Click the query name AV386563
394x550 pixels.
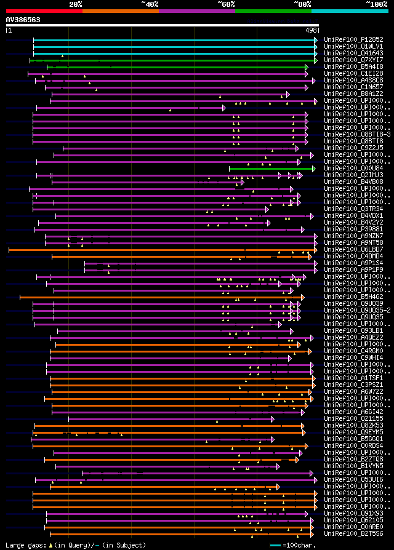click(x=23, y=20)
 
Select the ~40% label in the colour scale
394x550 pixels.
click(x=150, y=4)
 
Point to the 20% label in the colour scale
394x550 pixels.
click(x=76, y=4)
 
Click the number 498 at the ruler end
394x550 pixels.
click(x=311, y=30)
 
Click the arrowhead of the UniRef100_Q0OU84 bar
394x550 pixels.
click(x=313, y=169)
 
